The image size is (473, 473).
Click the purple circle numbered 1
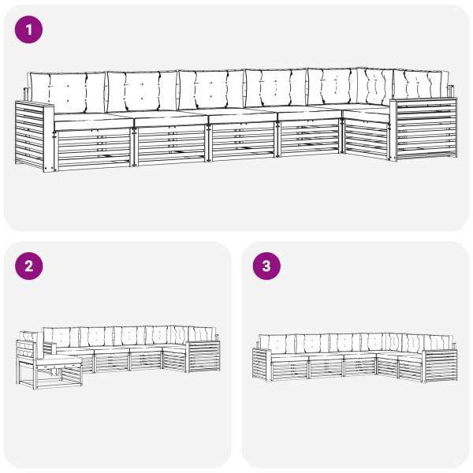[28, 30]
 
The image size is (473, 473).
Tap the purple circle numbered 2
[29, 266]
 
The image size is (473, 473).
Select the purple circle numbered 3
[266, 266]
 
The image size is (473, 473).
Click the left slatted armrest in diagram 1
[34, 136]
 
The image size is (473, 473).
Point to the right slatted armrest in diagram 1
[423, 128]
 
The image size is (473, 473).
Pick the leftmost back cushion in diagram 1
[67, 92]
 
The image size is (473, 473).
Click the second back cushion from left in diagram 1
[142, 91]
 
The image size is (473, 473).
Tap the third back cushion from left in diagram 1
[210, 90]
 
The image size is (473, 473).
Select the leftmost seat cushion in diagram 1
[94, 121]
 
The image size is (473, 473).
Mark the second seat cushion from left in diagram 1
[171, 118]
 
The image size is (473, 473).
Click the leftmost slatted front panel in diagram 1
[94, 149]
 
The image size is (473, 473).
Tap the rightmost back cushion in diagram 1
[421, 85]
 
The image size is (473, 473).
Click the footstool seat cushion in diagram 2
[59, 360]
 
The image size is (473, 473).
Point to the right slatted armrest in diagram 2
[203, 356]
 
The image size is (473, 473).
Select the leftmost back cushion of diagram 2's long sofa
[61, 337]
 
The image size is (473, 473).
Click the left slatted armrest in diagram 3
[262, 364]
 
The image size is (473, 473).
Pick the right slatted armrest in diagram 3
[440, 366]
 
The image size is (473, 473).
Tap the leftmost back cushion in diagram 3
[277, 344]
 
